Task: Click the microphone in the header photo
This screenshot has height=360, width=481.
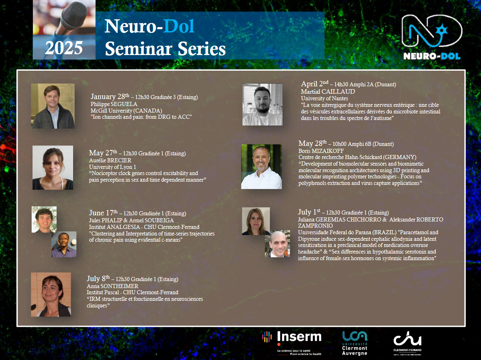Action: [72, 17]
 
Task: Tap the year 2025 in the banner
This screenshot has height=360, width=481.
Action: [64, 48]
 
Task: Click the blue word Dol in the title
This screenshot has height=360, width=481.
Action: [179, 26]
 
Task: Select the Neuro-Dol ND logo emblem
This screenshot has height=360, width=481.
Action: [432, 31]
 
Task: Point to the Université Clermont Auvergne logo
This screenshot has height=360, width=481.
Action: [355, 343]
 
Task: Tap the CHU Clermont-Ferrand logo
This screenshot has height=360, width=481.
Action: [407, 343]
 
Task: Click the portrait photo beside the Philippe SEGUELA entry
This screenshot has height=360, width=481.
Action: [53, 106]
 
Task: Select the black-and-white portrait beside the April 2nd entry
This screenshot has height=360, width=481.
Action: [262, 105]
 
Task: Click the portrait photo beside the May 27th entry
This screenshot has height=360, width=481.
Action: [53, 168]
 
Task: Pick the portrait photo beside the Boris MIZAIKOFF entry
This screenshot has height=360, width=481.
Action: [261, 167]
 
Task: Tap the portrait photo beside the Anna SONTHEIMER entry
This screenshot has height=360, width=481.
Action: [51, 294]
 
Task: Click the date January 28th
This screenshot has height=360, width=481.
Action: [110, 96]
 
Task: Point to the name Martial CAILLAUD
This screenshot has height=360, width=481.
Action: [328, 92]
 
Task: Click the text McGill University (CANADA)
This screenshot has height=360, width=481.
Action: [127, 111]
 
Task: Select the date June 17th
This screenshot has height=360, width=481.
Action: [104, 213]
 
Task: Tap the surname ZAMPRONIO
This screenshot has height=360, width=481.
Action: [315, 226]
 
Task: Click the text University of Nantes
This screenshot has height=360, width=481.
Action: [325, 98]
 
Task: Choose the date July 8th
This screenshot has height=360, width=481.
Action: [98, 278]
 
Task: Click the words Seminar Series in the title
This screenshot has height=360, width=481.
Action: [166, 49]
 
